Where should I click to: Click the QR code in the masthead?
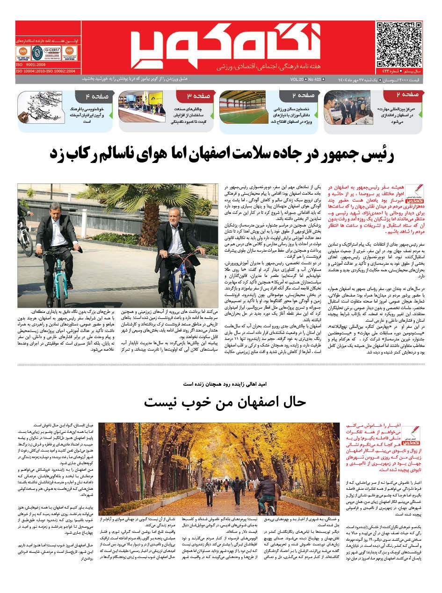pyautogui.click(x=399, y=43)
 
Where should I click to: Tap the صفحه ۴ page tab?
pyautogui.click(x=96, y=97)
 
